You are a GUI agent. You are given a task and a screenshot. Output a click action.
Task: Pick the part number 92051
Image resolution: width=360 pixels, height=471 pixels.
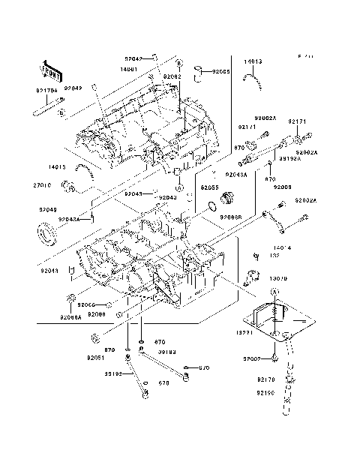click(x=94, y=358)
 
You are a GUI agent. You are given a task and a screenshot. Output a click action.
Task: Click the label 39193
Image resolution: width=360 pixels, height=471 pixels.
click(x=166, y=351)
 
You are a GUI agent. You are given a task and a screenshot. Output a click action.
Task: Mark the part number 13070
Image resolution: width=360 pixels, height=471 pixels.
click(x=279, y=277)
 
